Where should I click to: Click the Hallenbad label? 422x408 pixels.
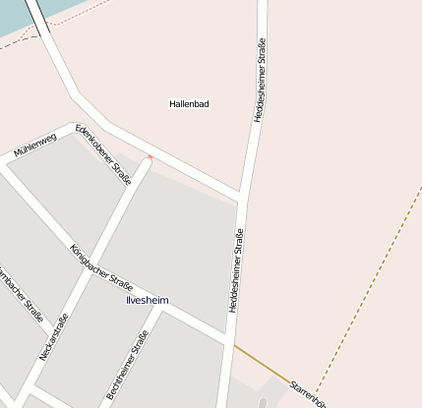(x=189, y=103)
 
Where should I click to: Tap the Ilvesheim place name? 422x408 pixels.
(x=149, y=301)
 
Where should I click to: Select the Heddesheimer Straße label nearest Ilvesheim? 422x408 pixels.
(x=237, y=270)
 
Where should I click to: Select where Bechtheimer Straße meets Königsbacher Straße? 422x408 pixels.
(x=163, y=308)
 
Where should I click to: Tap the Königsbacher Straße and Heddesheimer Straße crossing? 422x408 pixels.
(x=228, y=343)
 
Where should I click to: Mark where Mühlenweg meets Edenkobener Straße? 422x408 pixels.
(x=74, y=128)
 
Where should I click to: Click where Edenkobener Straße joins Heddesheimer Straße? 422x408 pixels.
(x=242, y=194)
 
